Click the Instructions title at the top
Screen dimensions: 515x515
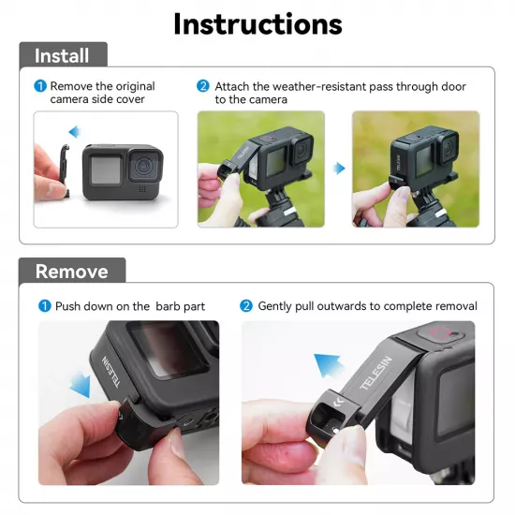pyautogui.click(x=257, y=23)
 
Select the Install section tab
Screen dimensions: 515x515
pyautogui.click(x=62, y=55)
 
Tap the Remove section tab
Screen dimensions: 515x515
pyautogui.click(x=71, y=272)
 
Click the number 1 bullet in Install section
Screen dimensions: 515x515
pyautogui.click(x=40, y=86)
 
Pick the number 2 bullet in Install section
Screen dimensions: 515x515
pyautogui.click(x=203, y=86)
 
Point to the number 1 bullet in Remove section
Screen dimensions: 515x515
pyautogui.click(x=44, y=306)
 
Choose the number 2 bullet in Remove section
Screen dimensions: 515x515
pyautogui.click(x=246, y=306)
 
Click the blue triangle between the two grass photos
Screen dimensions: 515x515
pyautogui.click(x=339, y=169)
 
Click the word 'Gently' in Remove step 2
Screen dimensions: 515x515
pyautogui.click(x=277, y=306)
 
